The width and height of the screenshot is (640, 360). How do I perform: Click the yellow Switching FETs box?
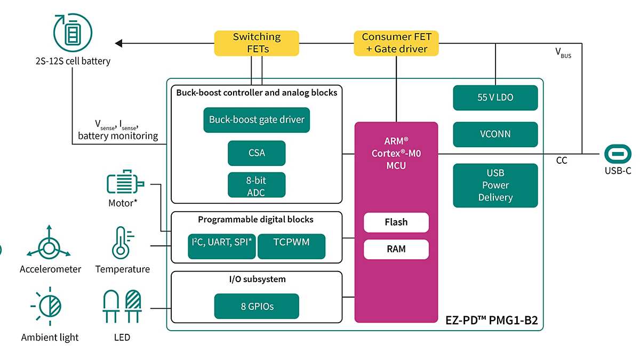pyautogui.click(x=256, y=43)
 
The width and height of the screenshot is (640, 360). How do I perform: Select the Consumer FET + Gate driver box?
pyautogui.click(x=396, y=43)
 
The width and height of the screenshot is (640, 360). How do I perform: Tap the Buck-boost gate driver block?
pyautogui.click(x=257, y=120)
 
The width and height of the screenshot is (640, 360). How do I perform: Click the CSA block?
pyautogui.click(x=257, y=153)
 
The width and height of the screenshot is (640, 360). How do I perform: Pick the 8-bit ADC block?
pyautogui.click(x=257, y=186)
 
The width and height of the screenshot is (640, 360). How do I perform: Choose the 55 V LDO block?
pyautogui.click(x=495, y=98)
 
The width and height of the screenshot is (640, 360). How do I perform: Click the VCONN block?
pyautogui.click(x=495, y=134)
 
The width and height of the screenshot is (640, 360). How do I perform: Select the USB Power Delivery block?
pyautogui.click(x=495, y=185)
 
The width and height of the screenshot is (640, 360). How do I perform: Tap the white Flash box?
pyautogui.click(x=396, y=222)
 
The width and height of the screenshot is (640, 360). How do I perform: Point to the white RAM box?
pyautogui.click(x=396, y=249)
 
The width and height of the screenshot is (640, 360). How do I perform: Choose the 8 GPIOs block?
pyautogui.click(x=257, y=306)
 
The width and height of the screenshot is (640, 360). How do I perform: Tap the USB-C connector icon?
pyautogui.click(x=618, y=154)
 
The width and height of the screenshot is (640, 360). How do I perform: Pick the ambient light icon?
pyautogui.click(x=49, y=308)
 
